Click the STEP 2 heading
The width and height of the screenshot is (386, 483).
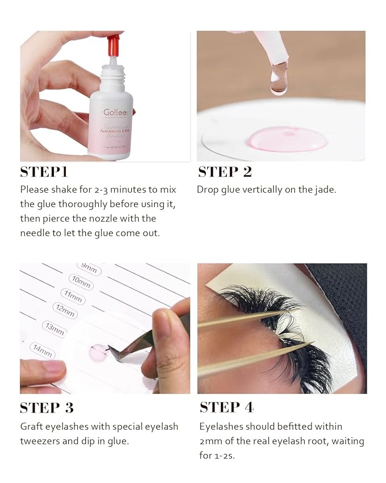(x=225, y=172)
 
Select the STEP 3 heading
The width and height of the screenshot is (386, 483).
(x=47, y=407)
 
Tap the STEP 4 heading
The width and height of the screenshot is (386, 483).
(x=226, y=407)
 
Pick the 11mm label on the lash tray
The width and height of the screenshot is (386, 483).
(x=73, y=296)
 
